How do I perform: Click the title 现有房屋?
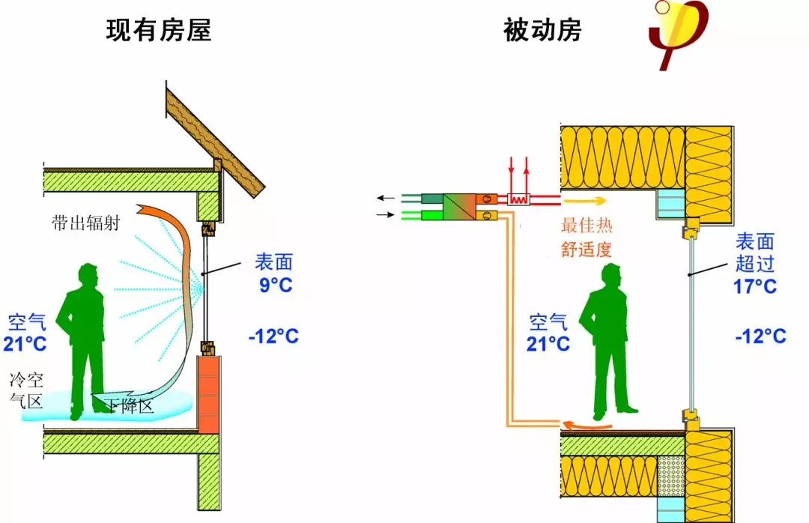(x=159, y=29)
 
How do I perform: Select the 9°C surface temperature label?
(x=273, y=285)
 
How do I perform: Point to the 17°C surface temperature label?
(x=755, y=285)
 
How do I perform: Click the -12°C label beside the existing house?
(x=273, y=336)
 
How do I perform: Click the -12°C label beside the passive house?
(x=760, y=336)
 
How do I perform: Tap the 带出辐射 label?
(x=86, y=223)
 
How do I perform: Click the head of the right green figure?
(x=611, y=278)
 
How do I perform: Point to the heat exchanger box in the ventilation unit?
(x=460, y=207)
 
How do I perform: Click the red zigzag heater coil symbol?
(x=518, y=199)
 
